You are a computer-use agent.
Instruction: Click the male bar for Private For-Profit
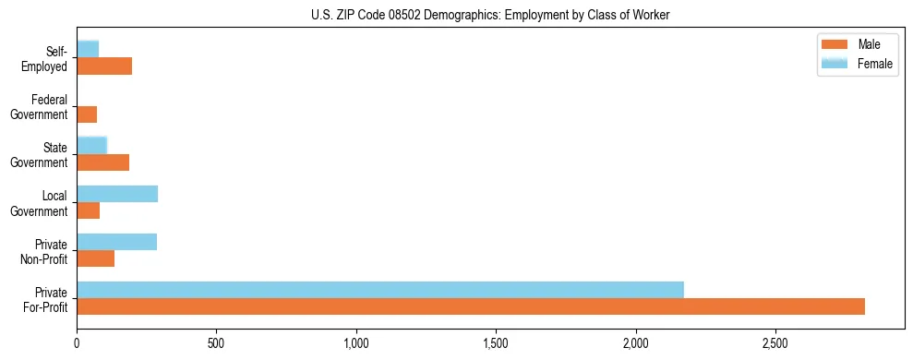(x=471, y=306)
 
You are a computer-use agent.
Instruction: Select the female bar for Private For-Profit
(x=380, y=289)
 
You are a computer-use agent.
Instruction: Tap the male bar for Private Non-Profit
(x=96, y=258)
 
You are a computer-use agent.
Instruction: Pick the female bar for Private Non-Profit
(x=117, y=242)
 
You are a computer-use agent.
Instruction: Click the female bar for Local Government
(x=117, y=194)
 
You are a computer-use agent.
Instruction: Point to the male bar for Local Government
(x=89, y=210)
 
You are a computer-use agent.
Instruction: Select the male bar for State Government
(x=103, y=162)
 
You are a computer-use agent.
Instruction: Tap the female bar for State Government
(x=92, y=145)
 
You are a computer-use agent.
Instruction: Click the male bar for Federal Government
(x=87, y=114)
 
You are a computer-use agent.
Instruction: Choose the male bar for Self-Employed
(x=104, y=66)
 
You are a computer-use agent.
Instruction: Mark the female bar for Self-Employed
(x=88, y=49)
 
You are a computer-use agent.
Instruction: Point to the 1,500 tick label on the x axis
(x=496, y=343)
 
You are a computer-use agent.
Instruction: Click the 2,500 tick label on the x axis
(x=775, y=343)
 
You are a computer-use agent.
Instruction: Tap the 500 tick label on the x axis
(x=216, y=343)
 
